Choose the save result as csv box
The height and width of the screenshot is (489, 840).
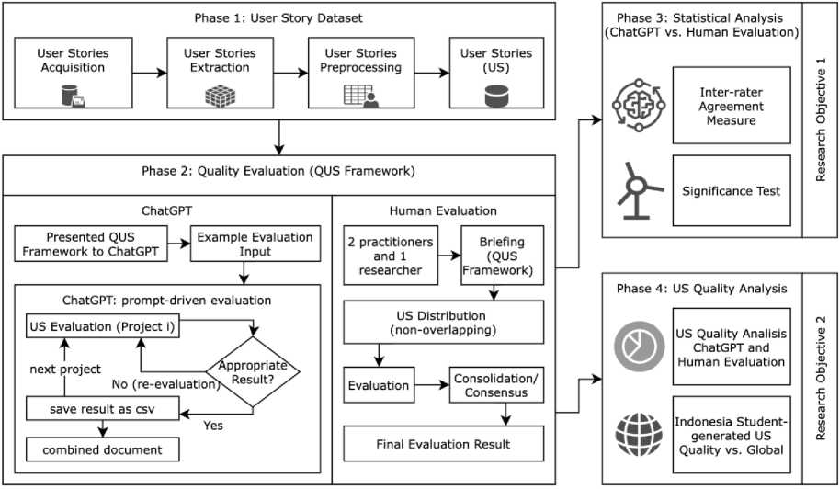[x=101, y=408]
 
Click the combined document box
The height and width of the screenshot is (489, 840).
[x=101, y=449]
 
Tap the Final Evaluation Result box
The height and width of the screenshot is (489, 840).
[x=442, y=445]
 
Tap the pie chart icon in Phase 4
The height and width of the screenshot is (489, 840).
[x=634, y=347]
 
